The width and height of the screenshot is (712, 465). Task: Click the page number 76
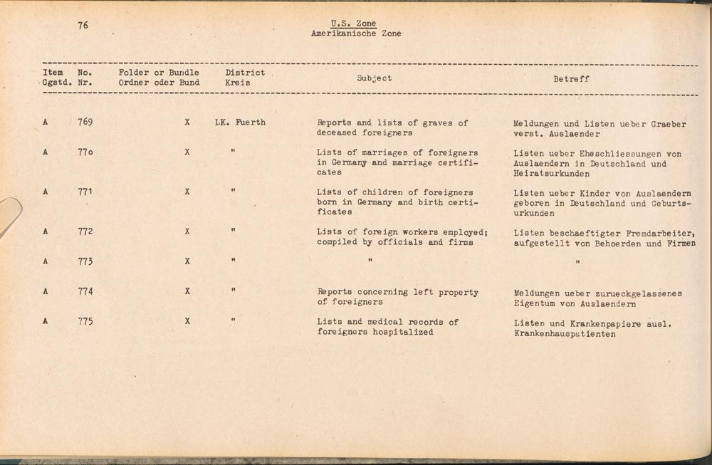coord(83,25)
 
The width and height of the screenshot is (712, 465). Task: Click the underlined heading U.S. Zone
coord(354,23)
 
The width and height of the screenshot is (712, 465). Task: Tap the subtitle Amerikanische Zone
coord(356,33)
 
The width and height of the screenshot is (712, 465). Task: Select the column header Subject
coord(375,78)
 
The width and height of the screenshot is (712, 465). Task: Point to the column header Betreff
coord(571,79)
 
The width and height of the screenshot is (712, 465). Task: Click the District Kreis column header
coord(245,77)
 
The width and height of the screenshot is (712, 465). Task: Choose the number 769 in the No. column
coord(85,122)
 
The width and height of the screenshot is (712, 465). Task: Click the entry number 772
coord(85,231)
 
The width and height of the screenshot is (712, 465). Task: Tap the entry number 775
coord(85,321)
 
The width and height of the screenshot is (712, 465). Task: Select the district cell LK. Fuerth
coord(240,122)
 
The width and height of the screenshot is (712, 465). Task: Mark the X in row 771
coord(187,192)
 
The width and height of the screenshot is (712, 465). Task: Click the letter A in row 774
coord(45,291)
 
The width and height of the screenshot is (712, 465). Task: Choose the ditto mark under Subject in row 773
coord(370,261)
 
